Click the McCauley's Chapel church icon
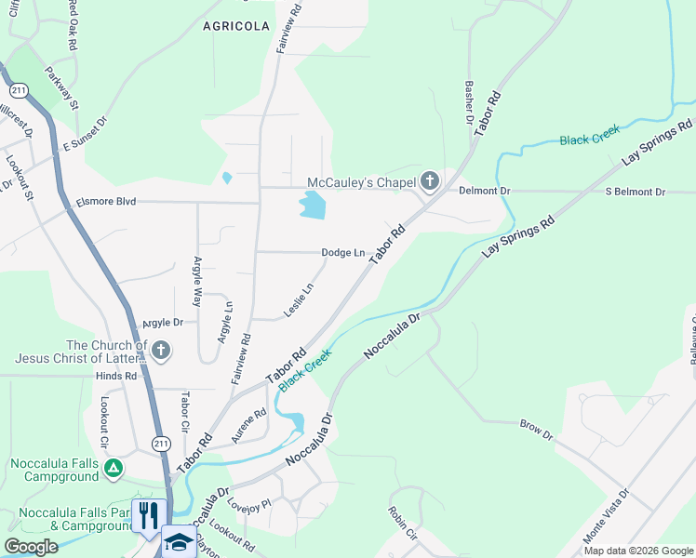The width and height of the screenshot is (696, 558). click(429, 180)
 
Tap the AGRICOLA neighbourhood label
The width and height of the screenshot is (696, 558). click(235, 27)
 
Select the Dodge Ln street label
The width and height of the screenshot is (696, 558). click(342, 252)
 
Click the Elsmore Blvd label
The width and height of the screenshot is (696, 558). click(106, 201)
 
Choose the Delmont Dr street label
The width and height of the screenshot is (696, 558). click(485, 191)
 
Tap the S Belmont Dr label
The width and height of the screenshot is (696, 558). click(636, 192)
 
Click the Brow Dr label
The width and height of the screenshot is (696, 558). click(536, 430)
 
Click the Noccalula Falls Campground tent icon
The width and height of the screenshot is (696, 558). click(113, 468)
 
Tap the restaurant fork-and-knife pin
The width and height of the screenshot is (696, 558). click(148, 514)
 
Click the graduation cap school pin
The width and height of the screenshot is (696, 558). click(179, 542)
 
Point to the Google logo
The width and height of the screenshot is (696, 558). click(31, 547)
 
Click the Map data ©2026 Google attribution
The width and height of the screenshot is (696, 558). click(637, 551)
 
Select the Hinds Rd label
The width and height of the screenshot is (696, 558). click(115, 376)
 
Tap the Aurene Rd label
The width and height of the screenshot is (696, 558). click(248, 425)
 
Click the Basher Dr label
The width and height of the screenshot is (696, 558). click(469, 101)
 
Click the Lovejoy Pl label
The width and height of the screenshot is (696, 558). click(248, 503)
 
